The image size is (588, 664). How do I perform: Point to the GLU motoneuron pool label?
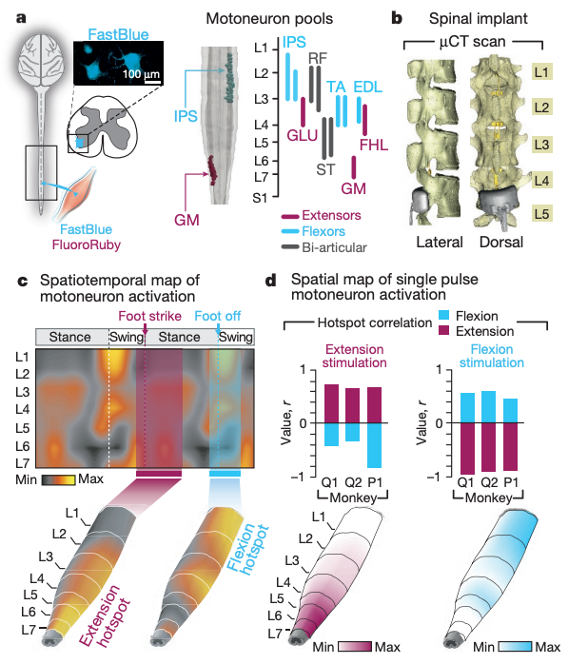[303, 135]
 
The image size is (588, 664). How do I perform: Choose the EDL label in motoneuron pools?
[369, 87]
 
